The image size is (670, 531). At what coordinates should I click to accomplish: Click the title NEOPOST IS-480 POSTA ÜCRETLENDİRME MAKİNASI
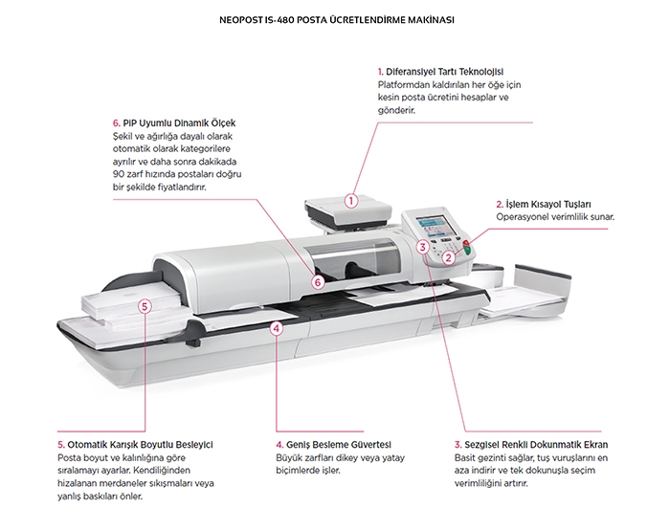click(334, 18)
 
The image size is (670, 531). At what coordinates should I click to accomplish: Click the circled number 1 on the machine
click(352, 201)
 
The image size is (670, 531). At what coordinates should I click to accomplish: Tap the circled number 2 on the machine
click(447, 257)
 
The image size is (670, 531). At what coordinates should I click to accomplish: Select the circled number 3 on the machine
click(423, 248)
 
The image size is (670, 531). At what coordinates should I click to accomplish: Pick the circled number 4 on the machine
click(277, 328)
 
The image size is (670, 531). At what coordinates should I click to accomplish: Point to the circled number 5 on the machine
click(145, 306)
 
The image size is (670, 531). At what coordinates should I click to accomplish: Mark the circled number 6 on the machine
click(318, 281)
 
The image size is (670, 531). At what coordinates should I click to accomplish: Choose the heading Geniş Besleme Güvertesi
click(334, 445)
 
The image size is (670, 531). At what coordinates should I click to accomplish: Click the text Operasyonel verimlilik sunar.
click(555, 217)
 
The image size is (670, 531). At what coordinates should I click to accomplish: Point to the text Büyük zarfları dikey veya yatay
click(333, 458)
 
